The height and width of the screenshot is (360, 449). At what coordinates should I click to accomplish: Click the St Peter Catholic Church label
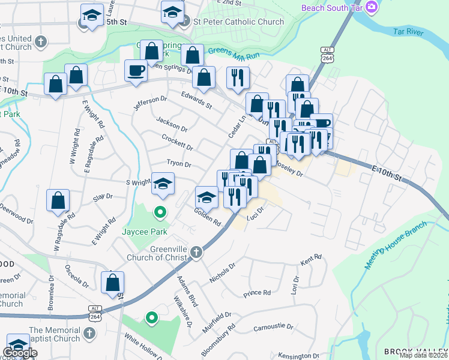(x=238, y=22)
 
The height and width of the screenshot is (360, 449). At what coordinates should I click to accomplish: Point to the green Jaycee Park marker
(x=160, y=211)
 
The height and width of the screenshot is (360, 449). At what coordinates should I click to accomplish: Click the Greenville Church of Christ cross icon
(x=196, y=253)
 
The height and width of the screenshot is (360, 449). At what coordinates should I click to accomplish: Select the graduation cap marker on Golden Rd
(x=206, y=197)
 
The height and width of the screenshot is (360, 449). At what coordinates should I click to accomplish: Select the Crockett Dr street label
(x=177, y=142)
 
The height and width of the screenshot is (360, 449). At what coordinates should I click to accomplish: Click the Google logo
(x=20, y=353)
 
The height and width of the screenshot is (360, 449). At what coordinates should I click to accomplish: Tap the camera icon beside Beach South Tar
(x=372, y=7)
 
